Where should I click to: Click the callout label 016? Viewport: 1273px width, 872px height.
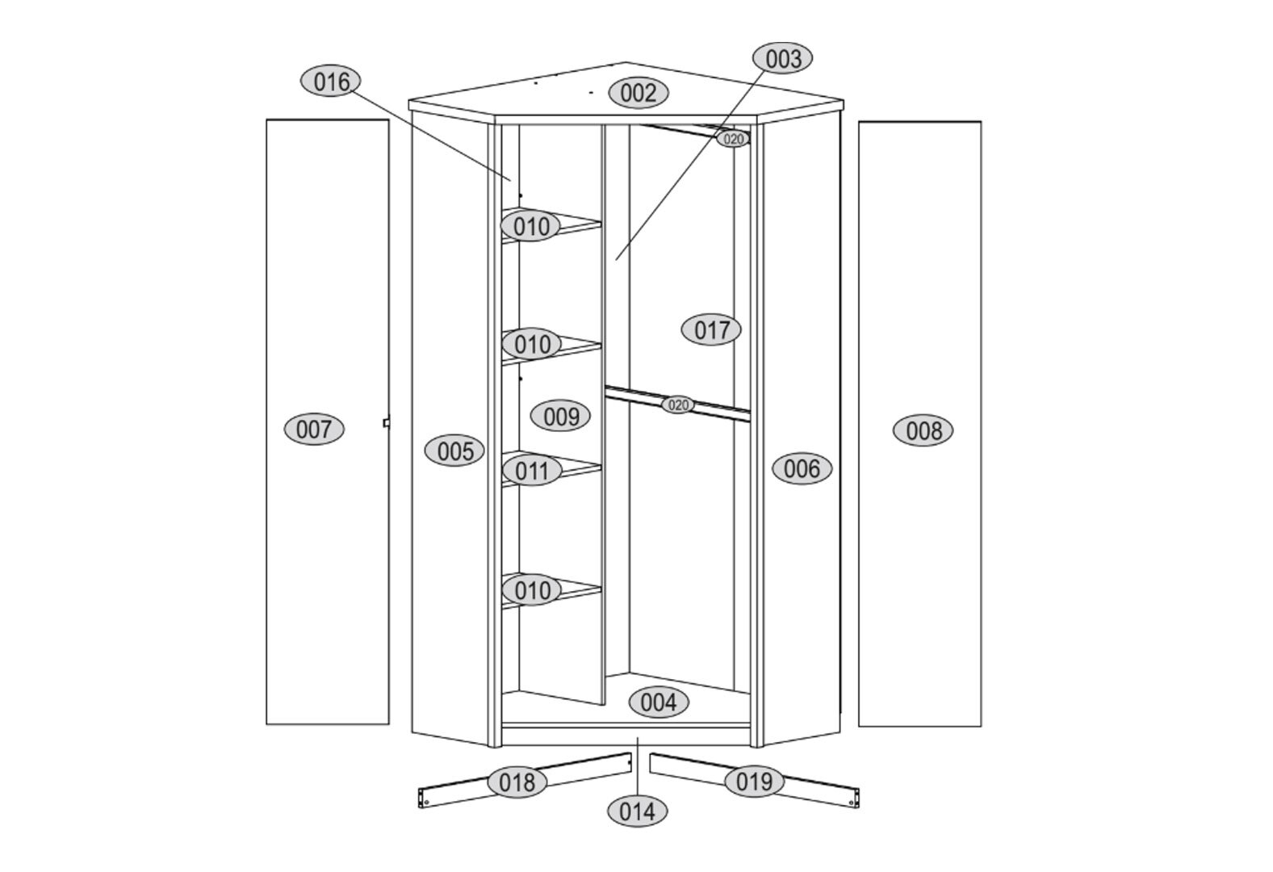tap(331, 82)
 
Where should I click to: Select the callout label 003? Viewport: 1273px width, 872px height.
tap(782, 59)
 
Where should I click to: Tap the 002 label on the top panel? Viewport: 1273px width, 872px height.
tap(639, 93)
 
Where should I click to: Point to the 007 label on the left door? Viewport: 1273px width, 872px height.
tap(314, 430)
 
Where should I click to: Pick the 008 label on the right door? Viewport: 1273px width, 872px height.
tap(923, 430)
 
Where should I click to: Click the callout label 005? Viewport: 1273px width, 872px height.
tap(454, 451)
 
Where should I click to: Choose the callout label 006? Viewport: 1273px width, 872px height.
tap(802, 469)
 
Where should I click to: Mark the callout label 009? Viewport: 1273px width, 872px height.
tap(560, 416)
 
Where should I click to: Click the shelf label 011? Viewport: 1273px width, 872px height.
tap(531, 471)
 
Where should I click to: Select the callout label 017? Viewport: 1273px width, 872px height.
tap(711, 329)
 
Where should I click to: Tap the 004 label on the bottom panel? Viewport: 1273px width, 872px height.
tap(659, 702)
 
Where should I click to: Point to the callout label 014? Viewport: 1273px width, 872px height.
tap(637, 811)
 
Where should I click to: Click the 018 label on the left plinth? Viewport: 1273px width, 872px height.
tap(517, 782)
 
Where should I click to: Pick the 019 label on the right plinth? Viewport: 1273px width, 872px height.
tap(754, 782)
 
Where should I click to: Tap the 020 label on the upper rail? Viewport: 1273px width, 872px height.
tap(733, 139)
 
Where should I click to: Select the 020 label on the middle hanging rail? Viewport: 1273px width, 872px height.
tap(677, 405)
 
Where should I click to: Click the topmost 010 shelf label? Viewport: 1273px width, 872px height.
tap(531, 226)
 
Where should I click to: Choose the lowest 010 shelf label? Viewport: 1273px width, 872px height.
tap(531, 590)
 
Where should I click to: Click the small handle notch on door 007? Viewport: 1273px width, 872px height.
tap(387, 422)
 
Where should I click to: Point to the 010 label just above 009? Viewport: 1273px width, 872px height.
tap(532, 344)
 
